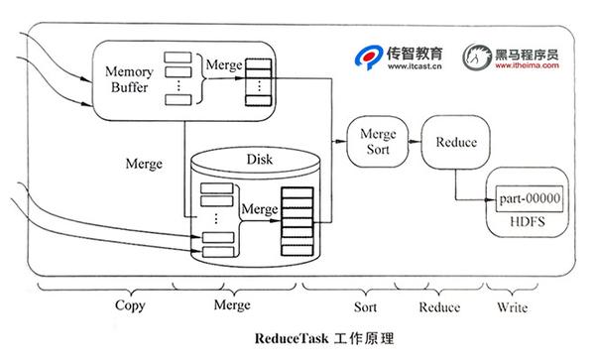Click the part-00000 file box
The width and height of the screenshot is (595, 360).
point(530,199)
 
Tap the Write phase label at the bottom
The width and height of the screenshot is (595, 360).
point(513,305)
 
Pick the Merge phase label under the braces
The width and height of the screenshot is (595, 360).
point(232,304)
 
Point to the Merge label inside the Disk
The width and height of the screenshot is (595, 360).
point(259,209)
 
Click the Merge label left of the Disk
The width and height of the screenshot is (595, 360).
point(145,162)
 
